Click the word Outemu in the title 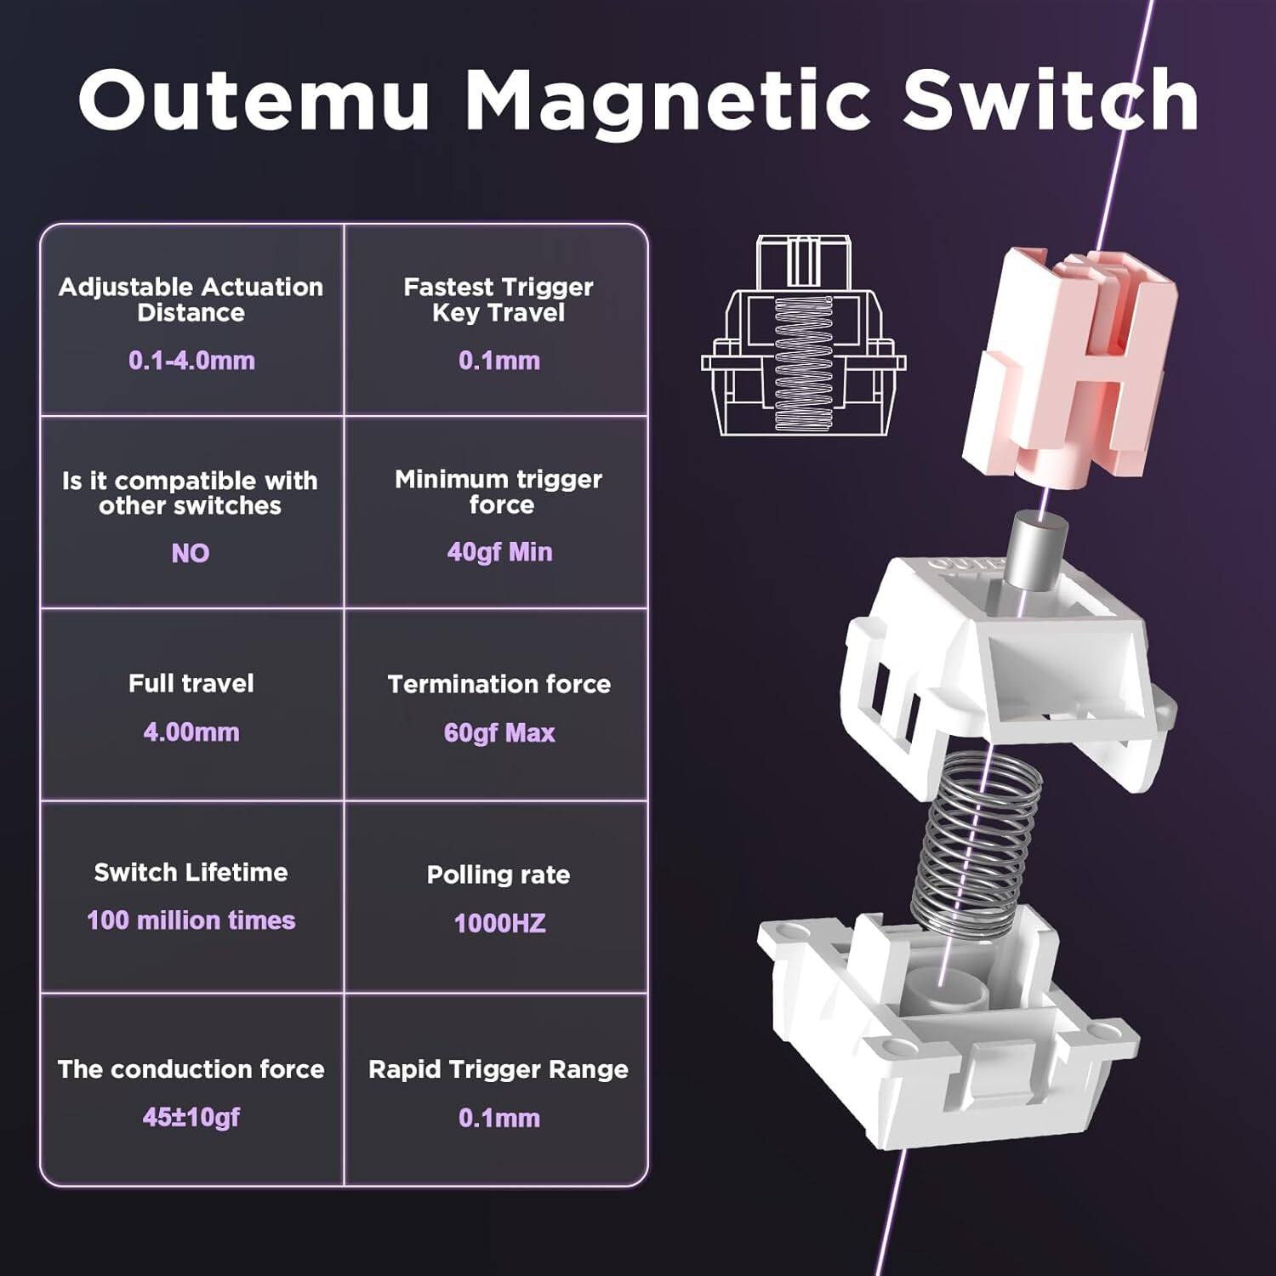point(253,100)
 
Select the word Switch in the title point(1050,100)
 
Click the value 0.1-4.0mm point(191,360)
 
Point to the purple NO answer point(191,553)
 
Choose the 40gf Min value point(499,552)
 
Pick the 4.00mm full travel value point(191,732)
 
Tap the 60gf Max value point(499,732)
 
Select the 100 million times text point(191,920)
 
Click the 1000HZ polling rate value point(499,923)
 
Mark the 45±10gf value point(191,1117)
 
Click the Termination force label point(499,684)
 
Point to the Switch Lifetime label point(191,872)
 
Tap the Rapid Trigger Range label point(498,1069)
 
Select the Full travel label point(191,683)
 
